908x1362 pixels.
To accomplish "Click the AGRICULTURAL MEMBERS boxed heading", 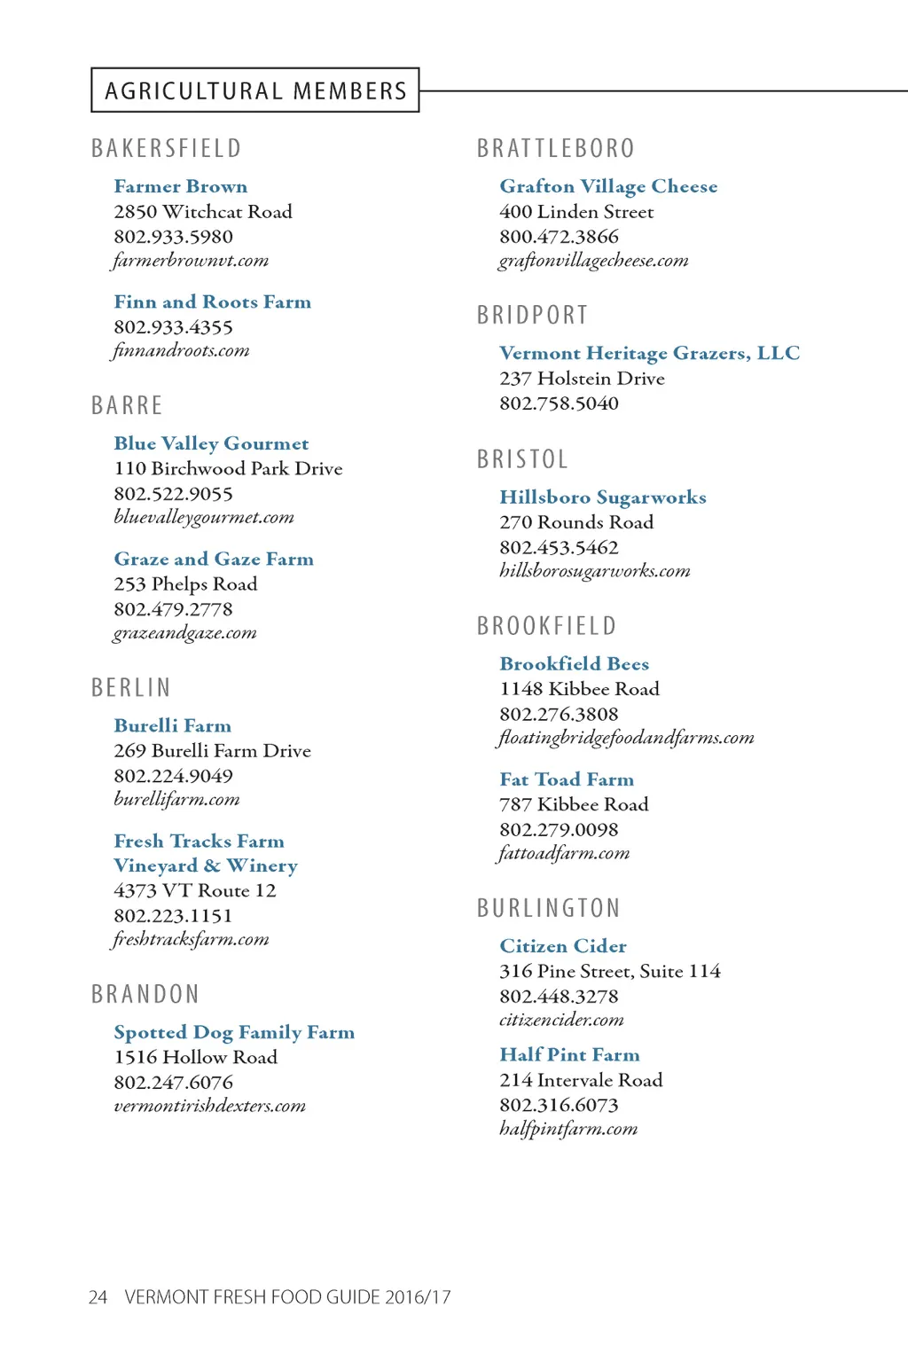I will pos(255,90).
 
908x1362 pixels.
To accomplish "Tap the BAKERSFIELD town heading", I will pos(167,148).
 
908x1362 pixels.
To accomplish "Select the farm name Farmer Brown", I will pos(181,186).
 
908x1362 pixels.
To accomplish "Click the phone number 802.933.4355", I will pos(173,327).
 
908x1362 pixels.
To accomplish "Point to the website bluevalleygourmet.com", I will pos(204,517).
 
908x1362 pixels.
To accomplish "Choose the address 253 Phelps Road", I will pos(185,583).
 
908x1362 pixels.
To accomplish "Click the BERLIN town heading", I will pos(131,688).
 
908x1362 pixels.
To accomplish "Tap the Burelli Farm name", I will pos(173,725).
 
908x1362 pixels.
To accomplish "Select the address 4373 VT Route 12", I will pos(195,890).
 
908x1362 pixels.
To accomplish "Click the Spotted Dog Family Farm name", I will pos(234,1032).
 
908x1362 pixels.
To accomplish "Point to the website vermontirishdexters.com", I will pos(210,1106).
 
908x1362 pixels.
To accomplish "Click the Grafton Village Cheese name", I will pos(608,186).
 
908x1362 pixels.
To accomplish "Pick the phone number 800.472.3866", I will pos(559,237).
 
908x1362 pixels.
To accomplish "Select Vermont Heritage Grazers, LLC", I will pos(649,353).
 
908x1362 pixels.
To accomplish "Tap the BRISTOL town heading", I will pos(523,459).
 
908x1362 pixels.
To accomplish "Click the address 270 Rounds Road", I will pos(576,522).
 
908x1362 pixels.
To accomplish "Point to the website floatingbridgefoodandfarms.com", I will pos(626,738).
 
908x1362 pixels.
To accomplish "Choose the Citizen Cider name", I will pos(563,946).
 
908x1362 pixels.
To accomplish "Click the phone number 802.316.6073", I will pos(559,1105).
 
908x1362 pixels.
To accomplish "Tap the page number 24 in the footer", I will pos(98,1297).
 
